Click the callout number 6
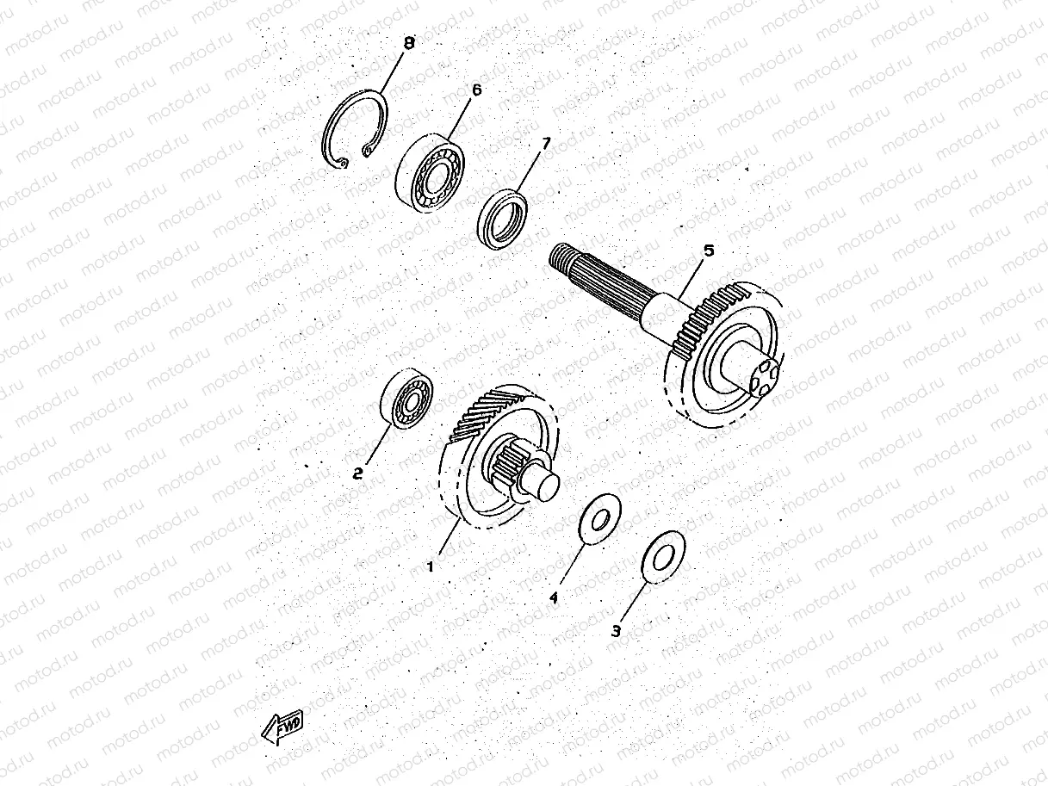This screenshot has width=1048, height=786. tap(476, 90)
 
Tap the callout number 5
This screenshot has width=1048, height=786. tap(708, 251)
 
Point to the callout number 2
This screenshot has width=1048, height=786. tap(357, 473)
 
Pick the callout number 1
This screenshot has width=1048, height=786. tap(431, 566)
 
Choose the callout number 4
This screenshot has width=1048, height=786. tap(555, 596)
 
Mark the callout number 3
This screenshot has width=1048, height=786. tap(615, 630)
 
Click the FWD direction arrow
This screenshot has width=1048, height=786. tap(282, 728)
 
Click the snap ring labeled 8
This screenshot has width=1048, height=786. tap(355, 127)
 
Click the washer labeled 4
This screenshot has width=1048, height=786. tap(596, 518)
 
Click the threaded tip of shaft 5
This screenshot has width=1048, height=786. tap(561, 256)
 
